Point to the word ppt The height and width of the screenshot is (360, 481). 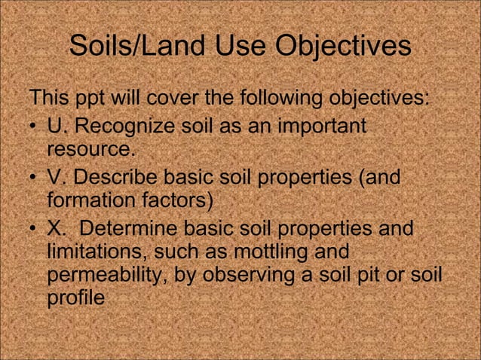[x=95, y=99]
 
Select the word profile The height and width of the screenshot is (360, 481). [x=75, y=299]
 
